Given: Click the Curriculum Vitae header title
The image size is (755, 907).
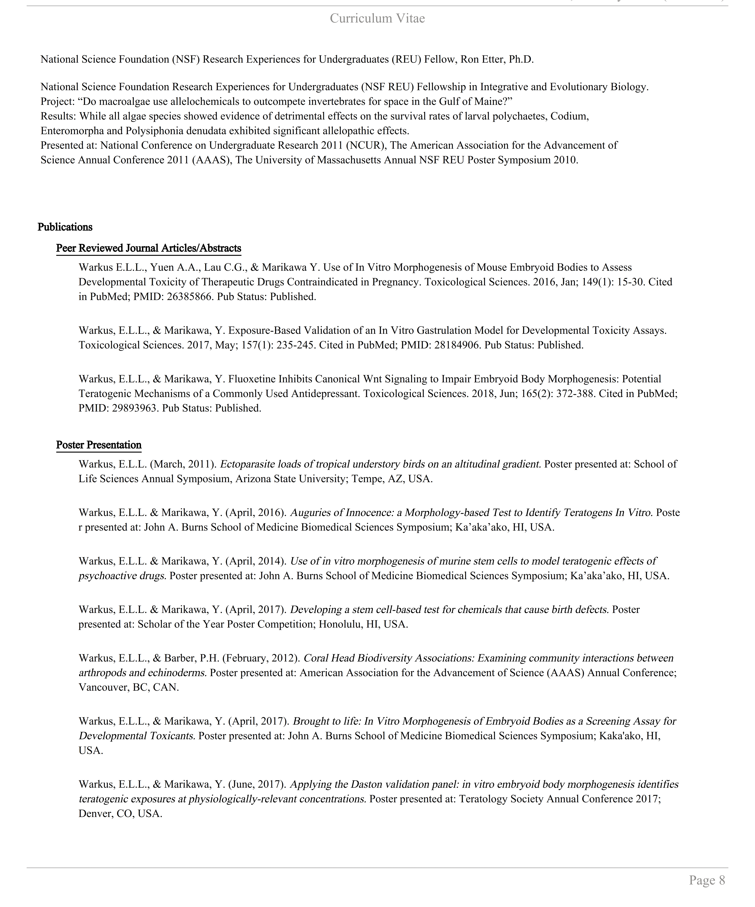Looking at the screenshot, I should [377, 18].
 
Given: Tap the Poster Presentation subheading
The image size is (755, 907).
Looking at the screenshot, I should [99, 445].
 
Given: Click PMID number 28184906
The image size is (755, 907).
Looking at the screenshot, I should [458, 345].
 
